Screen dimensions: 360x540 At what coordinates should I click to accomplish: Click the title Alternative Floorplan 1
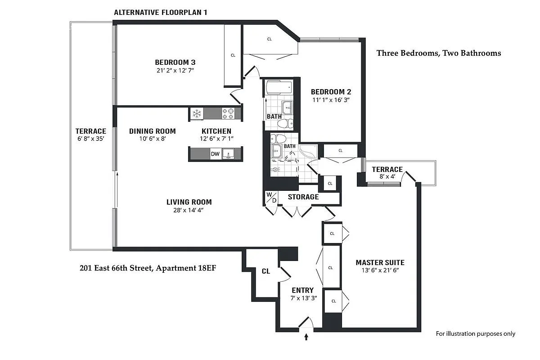coord(160,12)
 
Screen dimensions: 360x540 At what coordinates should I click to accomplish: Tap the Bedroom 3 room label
coord(175,62)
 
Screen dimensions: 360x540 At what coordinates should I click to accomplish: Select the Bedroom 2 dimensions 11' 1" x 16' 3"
coord(331,100)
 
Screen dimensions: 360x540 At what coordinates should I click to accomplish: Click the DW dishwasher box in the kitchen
coord(215,154)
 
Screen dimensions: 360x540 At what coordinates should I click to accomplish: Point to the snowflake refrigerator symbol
coord(196,113)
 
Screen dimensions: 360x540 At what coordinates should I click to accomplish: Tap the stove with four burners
coord(228,113)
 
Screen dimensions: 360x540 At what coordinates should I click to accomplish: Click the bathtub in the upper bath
coord(278,87)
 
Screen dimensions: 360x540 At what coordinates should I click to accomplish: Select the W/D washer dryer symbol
coord(271,198)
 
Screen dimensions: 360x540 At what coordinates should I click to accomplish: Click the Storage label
coord(303,197)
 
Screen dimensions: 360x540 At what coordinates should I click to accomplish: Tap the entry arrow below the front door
coord(306,336)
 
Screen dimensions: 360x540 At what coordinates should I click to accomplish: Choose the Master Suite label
coord(380,262)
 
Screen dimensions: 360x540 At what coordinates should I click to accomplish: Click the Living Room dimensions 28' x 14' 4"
coord(189,210)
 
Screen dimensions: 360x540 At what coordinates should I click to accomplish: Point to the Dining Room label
coord(152,131)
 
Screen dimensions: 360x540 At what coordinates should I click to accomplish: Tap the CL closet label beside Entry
coord(265,271)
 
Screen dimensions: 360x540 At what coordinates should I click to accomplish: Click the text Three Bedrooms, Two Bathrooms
coord(438,53)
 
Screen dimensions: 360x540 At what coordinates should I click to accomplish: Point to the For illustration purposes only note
coord(475,333)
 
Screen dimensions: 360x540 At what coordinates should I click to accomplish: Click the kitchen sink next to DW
coord(229,154)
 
